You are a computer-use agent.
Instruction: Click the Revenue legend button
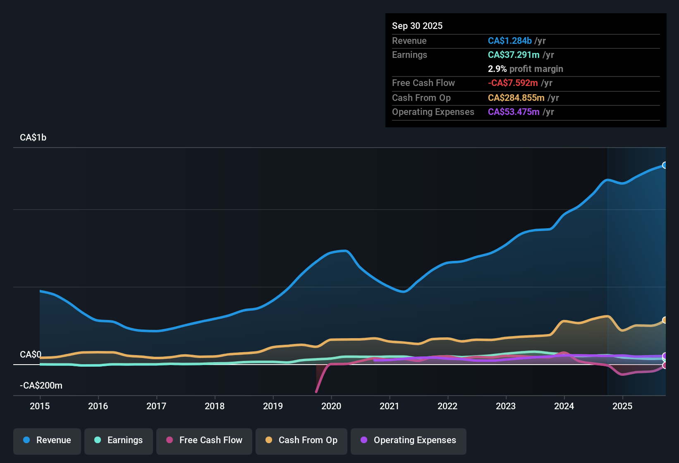click(x=47, y=440)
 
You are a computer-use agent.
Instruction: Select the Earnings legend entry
click(x=119, y=440)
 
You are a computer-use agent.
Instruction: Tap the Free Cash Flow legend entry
click(x=204, y=440)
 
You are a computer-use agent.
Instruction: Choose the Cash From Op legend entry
click(x=301, y=440)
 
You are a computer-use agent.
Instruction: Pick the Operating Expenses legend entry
click(x=409, y=440)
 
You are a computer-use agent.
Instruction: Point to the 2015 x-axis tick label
click(x=40, y=406)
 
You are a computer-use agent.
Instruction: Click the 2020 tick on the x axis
click(x=331, y=406)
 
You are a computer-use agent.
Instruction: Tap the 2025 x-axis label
click(x=622, y=406)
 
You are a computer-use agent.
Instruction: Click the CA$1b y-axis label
click(x=33, y=138)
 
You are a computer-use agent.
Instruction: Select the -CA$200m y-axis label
click(x=41, y=386)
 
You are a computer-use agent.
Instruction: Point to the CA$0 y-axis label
click(x=31, y=355)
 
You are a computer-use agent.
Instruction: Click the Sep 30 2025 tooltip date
click(x=417, y=26)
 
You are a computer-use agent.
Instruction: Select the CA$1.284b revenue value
click(x=509, y=41)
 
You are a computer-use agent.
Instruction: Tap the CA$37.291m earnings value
click(x=514, y=55)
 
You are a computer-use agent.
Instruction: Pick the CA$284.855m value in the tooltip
click(x=516, y=98)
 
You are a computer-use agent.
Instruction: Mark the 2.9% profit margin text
click(x=525, y=69)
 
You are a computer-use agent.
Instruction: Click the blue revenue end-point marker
click(x=665, y=165)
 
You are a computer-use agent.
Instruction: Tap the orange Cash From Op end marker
click(x=665, y=320)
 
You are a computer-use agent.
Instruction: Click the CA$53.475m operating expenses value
click(x=514, y=112)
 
